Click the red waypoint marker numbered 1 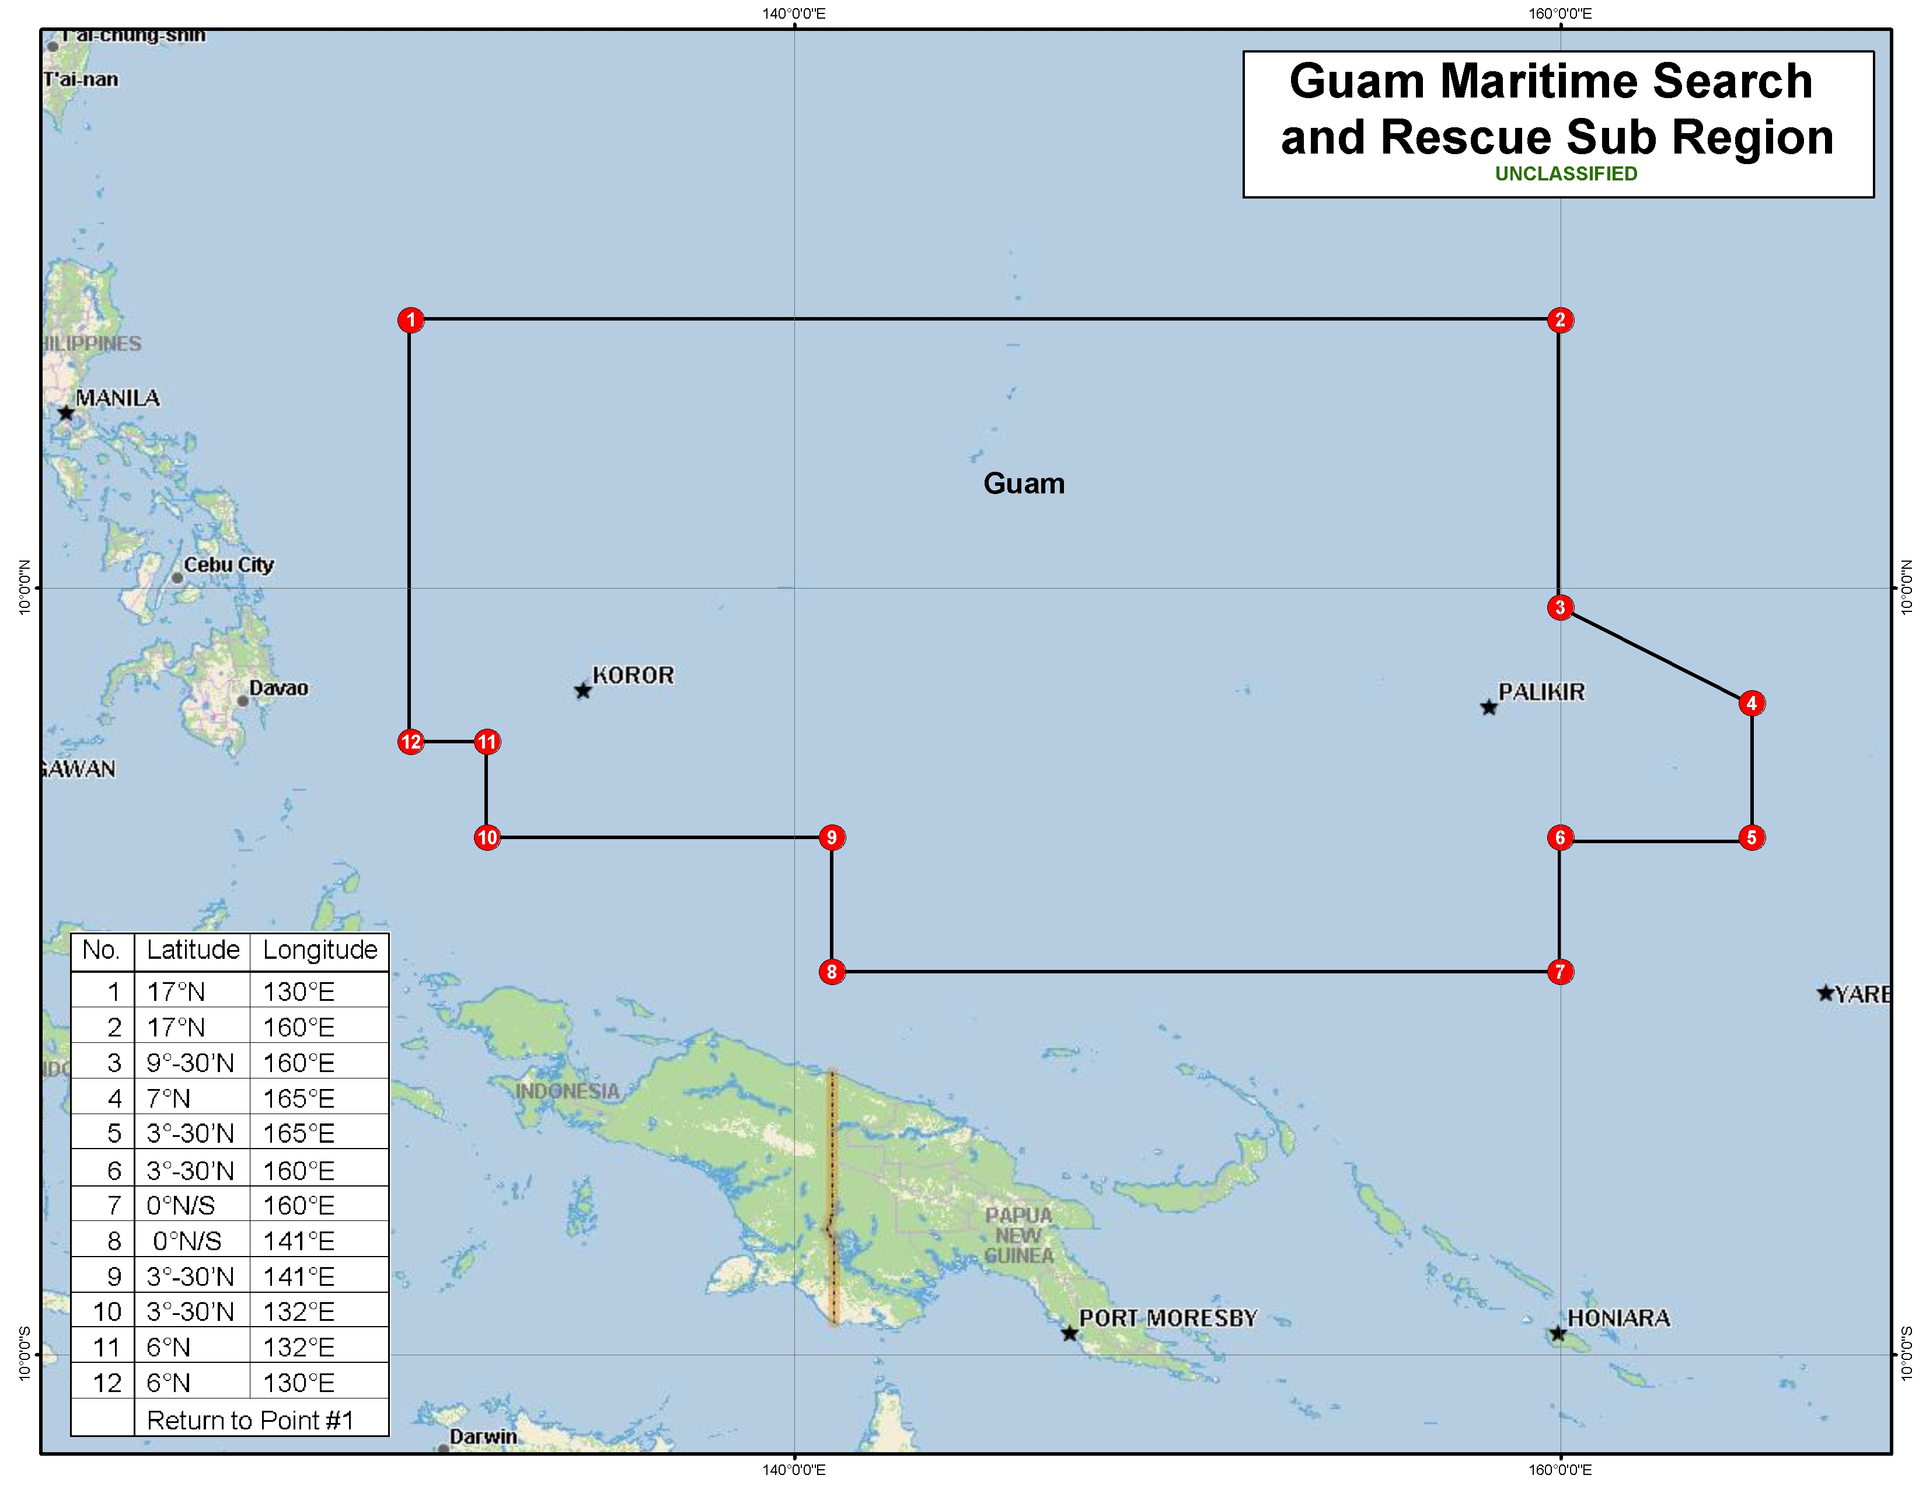pos(411,320)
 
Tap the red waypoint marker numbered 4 pos(1751,703)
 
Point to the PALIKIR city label pos(1541,693)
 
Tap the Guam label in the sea pos(1024,483)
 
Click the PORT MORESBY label pos(1168,1318)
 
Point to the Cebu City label pos(228,565)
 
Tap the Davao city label pos(278,688)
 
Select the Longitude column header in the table pos(320,950)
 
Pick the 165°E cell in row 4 pos(299,1098)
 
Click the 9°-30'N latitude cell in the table pos(190,1063)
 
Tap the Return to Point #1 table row pos(250,1420)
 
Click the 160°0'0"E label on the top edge pos(1560,13)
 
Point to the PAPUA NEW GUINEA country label pos(1018,1235)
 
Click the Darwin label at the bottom pos(483,1436)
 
